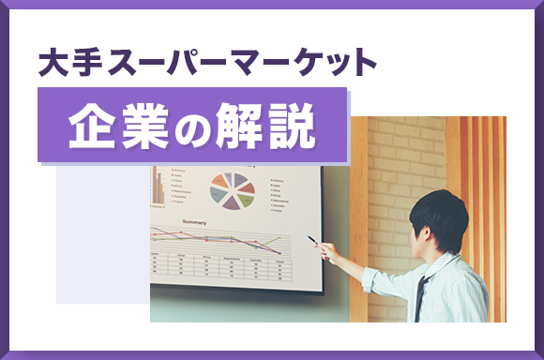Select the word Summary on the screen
click(x=200, y=222)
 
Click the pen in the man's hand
click(x=314, y=241)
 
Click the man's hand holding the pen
click(x=329, y=251)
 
